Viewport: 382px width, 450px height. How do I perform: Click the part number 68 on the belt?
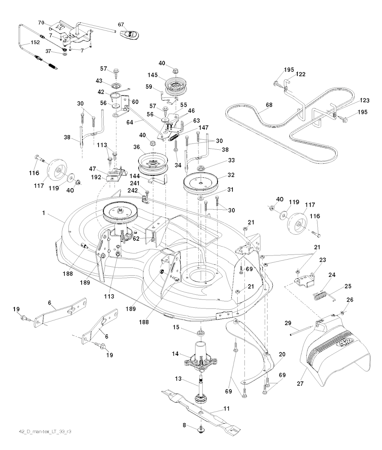coord(269,105)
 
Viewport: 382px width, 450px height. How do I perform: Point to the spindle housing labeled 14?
coord(200,356)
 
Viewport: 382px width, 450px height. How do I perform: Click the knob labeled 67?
coord(130,34)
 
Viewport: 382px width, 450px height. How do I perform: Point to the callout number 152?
coord(35,42)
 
